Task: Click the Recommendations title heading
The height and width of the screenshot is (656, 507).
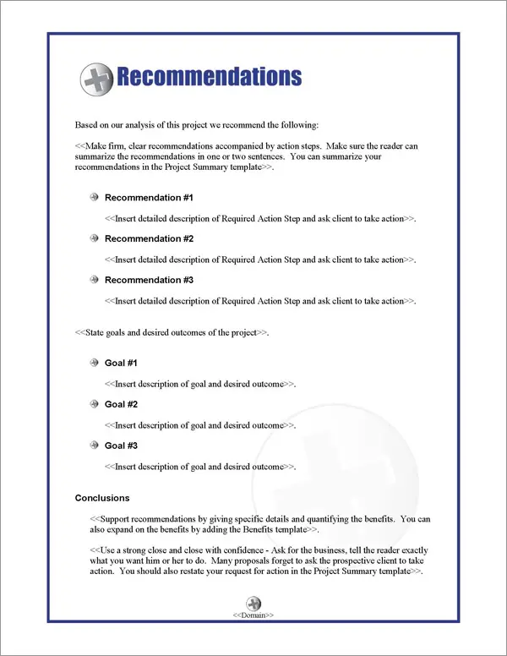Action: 208,77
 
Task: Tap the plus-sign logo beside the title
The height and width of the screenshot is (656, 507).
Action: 96,79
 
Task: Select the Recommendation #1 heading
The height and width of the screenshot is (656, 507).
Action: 149,198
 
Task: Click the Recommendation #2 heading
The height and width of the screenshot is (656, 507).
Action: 149,239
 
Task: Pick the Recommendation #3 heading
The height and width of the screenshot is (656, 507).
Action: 149,280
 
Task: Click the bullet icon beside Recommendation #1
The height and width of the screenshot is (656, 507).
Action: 93,198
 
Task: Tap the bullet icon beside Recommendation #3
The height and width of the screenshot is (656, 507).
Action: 93,280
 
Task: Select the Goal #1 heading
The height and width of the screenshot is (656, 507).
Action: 121,364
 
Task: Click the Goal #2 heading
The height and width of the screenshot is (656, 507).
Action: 121,404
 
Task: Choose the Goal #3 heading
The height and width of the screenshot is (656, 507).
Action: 121,446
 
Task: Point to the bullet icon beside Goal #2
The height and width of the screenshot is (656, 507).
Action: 93,404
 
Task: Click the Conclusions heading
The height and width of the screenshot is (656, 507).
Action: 102,499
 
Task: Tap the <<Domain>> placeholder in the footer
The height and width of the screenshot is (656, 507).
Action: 253,615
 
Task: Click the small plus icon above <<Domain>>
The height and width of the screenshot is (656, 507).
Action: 253,603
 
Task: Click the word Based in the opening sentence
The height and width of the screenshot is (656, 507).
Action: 86,125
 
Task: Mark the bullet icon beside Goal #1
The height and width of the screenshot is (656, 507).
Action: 93,364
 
